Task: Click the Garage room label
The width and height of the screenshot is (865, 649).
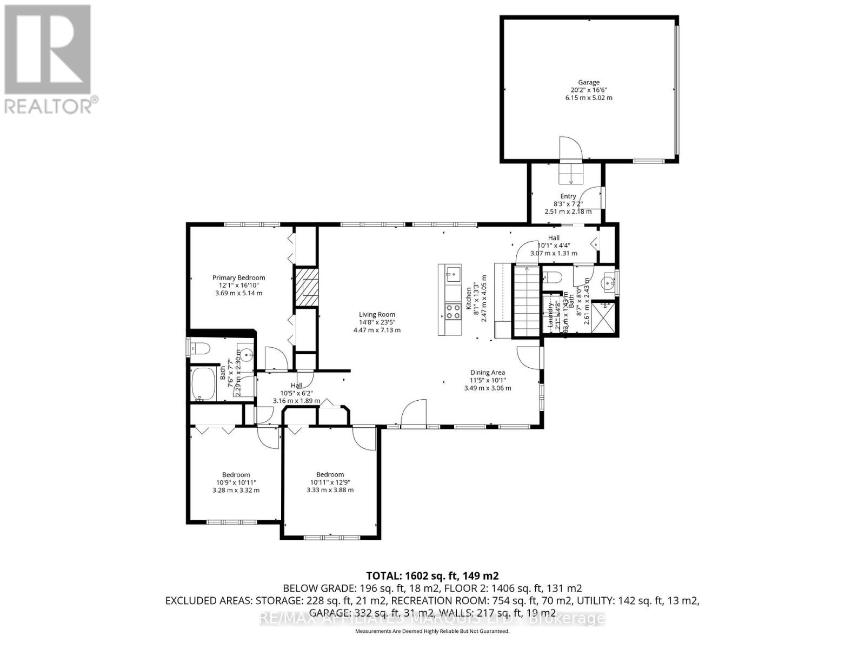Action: click(589, 83)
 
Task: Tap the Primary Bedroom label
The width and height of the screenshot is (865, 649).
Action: click(238, 278)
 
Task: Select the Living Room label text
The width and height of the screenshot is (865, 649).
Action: click(377, 314)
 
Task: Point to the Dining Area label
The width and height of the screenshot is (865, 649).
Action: click(487, 372)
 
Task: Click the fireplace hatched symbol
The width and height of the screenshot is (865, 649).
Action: click(306, 286)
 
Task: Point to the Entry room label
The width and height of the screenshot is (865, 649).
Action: click(568, 196)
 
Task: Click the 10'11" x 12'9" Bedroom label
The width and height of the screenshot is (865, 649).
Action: click(330, 474)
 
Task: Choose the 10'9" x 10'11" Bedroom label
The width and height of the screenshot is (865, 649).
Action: click(236, 475)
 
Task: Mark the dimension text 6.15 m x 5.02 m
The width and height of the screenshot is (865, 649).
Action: click(589, 98)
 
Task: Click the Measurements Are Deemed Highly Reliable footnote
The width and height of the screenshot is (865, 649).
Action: click(432, 631)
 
